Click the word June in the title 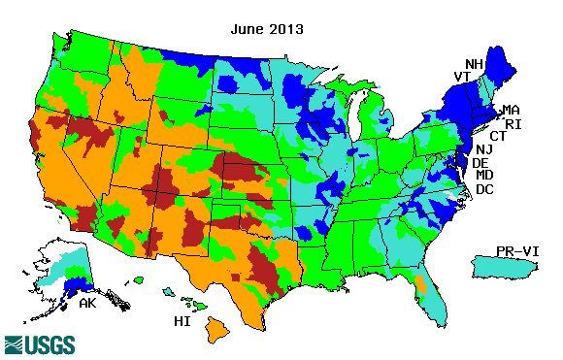(247, 29)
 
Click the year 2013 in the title (286, 29)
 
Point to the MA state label (511, 111)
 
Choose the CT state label (497, 137)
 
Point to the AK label (87, 304)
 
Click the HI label (181, 320)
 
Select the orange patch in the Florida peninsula (421, 285)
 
